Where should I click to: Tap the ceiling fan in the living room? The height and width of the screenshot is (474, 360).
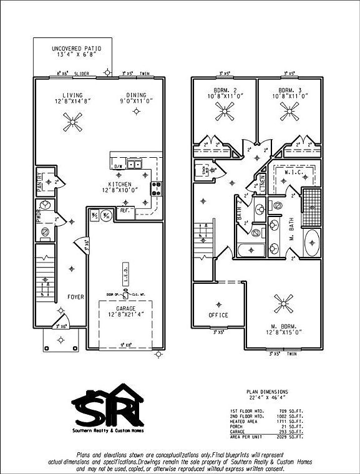(72, 121)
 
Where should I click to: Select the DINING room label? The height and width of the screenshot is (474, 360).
(135, 95)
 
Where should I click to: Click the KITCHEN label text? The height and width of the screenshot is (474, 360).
(119, 185)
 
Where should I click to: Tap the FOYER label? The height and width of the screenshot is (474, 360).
(75, 297)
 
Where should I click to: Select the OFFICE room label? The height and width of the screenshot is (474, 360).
(218, 315)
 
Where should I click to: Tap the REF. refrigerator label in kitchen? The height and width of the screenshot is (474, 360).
(123, 211)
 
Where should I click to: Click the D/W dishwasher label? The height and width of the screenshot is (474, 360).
(117, 167)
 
